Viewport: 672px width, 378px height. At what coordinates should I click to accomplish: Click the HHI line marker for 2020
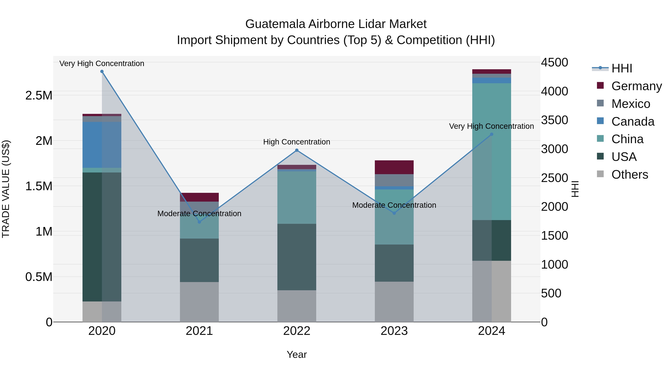click(102, 71)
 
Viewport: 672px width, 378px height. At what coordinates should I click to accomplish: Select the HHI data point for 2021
click(199, 222)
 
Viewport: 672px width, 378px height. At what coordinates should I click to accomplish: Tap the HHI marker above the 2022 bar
click(297, 150)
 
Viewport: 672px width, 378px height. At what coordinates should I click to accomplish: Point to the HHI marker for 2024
click(491, 134)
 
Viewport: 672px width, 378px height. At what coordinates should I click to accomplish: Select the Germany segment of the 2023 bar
click(394, 167)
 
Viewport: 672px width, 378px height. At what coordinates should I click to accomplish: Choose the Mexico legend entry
click(631, 104)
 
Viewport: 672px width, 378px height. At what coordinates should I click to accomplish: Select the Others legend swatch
click(600, 174)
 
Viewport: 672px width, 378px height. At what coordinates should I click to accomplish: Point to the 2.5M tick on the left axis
click(39, 95)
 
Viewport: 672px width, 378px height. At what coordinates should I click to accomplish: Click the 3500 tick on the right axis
click(554, 120)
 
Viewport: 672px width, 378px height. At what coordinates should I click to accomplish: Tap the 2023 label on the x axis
click(394, 331)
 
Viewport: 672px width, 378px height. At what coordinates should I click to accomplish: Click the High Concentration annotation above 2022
click(297, 142)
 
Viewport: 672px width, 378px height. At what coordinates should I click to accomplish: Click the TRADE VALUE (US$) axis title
click(6, 189)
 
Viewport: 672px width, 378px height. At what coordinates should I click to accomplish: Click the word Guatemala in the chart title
click(275, 24)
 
